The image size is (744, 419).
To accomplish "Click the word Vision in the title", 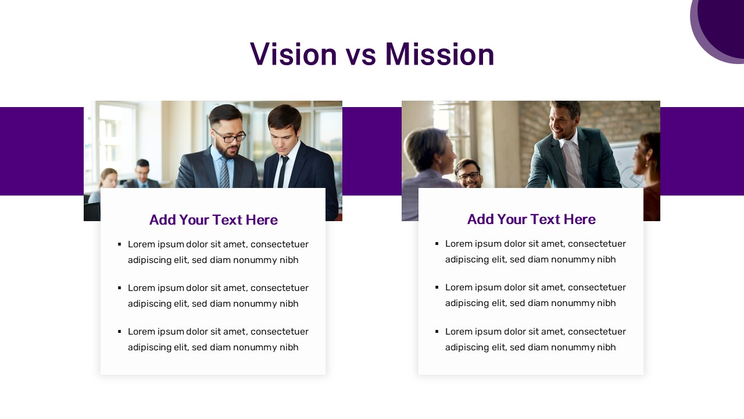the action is (294, 54).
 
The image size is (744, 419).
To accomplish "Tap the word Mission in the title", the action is (440, 54).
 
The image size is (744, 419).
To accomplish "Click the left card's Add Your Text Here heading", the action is (213, 220).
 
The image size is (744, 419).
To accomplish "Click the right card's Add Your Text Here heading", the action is (531, 219).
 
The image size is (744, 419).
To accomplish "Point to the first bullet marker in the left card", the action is (120, 244).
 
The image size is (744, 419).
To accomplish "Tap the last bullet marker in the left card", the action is (120, 332).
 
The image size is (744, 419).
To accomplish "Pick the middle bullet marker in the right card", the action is (437, 287).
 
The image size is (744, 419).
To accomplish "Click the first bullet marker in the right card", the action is (437, 244).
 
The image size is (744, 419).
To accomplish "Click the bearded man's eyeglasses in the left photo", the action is (229, 136).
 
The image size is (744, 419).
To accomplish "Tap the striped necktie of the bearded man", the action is (224, 173).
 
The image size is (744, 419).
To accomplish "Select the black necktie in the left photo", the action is (282, 171).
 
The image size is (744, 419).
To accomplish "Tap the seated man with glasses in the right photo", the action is (469, 173).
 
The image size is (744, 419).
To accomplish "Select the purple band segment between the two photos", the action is (372, 151).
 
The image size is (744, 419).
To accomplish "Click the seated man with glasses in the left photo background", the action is (142, 175).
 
